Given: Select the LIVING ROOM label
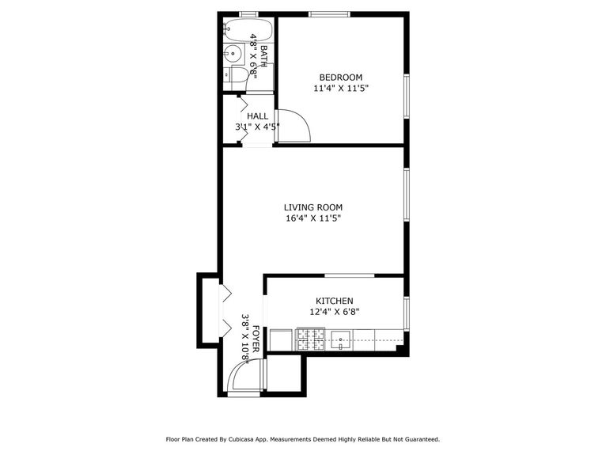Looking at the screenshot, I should click(312, 207).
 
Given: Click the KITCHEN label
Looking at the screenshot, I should click(335, 301).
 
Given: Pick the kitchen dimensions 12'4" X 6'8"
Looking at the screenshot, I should click(335, 312).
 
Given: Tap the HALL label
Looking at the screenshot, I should click(257, 116).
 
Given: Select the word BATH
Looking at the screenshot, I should click(263, 55).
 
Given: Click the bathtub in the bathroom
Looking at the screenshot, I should click(248, 32).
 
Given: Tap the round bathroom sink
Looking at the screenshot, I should click(232, 55).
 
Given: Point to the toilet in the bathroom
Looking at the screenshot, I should click(235, 75).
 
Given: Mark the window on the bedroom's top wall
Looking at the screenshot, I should click(329, 14).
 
